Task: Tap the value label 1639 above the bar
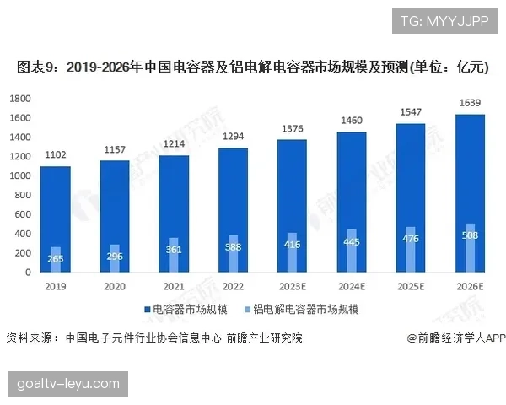point(471,104)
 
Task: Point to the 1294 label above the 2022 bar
point(234,137)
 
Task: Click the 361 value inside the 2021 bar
point(174,250)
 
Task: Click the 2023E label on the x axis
point(293,287)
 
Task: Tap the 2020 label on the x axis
point(115,287)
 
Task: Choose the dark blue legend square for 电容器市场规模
point(147,310)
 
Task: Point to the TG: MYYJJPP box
point(444,20)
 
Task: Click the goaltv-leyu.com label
point(68,384)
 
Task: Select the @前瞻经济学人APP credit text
point(455,337)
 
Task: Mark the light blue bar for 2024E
point(352,251)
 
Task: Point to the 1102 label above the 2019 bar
point(56,155)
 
